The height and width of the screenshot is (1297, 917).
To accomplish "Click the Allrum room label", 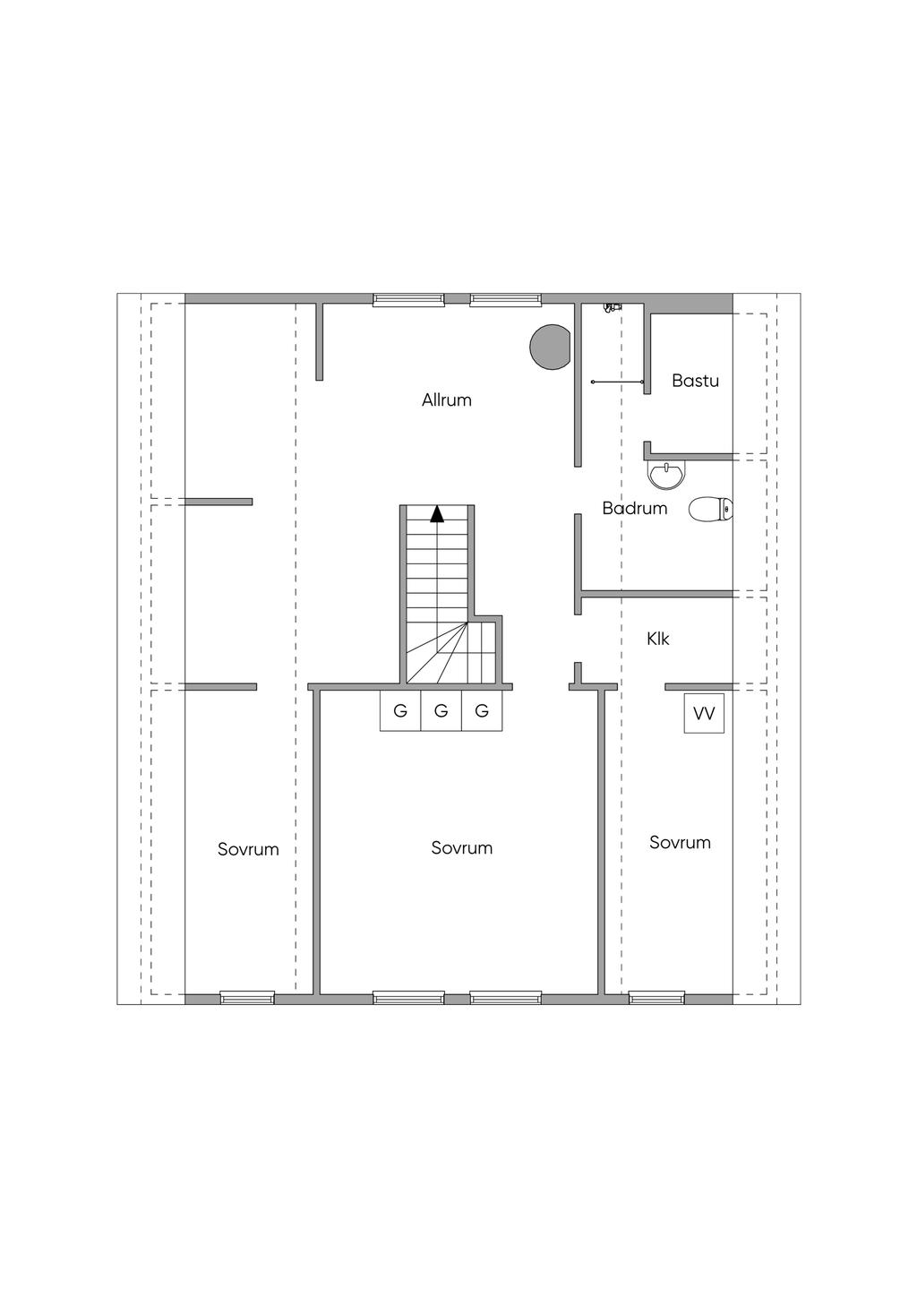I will (447, 400).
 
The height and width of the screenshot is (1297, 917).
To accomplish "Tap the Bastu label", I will (695, 381).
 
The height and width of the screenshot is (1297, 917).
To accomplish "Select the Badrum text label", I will (634, 509).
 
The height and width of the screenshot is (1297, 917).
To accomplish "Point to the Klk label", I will (658, 640).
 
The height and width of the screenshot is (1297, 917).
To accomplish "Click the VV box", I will (704, 714).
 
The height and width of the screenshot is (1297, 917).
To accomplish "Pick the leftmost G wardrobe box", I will (400, 712).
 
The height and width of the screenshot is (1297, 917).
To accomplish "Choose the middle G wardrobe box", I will (441, 712).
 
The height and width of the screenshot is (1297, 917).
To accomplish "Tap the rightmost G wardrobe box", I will (482, 712).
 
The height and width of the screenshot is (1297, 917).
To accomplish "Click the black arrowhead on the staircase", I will (437, 514).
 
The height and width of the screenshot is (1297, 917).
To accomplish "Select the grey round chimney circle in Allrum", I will (551, 347).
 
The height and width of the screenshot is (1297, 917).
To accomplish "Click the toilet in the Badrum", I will (712, 510).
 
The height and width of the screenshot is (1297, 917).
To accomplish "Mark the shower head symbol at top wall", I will (611, 307).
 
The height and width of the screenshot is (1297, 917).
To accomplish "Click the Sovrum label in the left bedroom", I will (248, 849).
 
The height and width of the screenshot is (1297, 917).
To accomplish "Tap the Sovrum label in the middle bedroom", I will (461, 848).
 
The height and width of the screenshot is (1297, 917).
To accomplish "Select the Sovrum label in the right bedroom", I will (680, 843).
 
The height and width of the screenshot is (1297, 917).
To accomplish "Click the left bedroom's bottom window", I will (247, 997).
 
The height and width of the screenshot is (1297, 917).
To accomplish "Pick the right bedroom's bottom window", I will (656, 997).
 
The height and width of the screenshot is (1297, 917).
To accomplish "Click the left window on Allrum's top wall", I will (408, 300).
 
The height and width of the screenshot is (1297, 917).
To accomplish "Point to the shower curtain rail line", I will (618, 382).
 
